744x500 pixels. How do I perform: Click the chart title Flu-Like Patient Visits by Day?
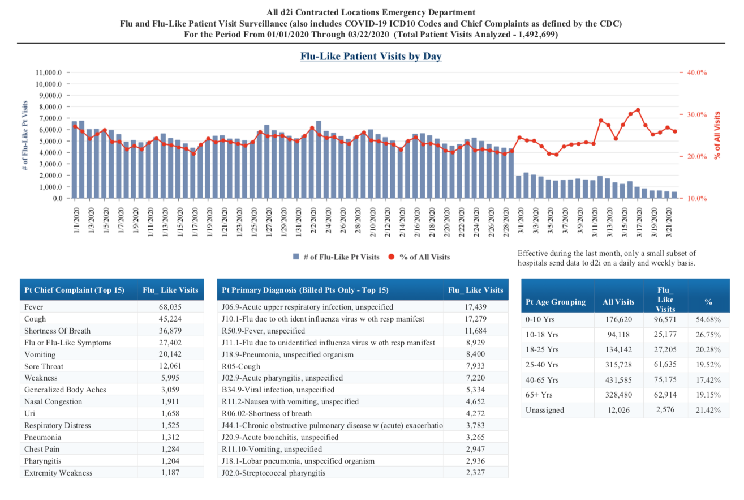[x=371, y=57]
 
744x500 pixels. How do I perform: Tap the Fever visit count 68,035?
[x=170, y=307]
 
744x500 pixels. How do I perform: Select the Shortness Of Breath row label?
[x=57, y=331]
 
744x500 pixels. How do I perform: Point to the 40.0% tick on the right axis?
[x=698, y=73]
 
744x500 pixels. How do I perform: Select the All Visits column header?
[x=618, y=302]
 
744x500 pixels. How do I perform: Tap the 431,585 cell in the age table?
[x=618, y=380]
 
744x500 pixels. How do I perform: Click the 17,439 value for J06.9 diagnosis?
[x=475, y=307]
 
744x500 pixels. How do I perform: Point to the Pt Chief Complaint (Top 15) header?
[x=74, y=290]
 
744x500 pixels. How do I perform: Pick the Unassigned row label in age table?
[x=545, y=410]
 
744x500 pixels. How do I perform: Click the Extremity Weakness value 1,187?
[x=170, y=473]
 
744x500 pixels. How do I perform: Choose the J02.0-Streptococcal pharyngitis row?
[x=273, y=473]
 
